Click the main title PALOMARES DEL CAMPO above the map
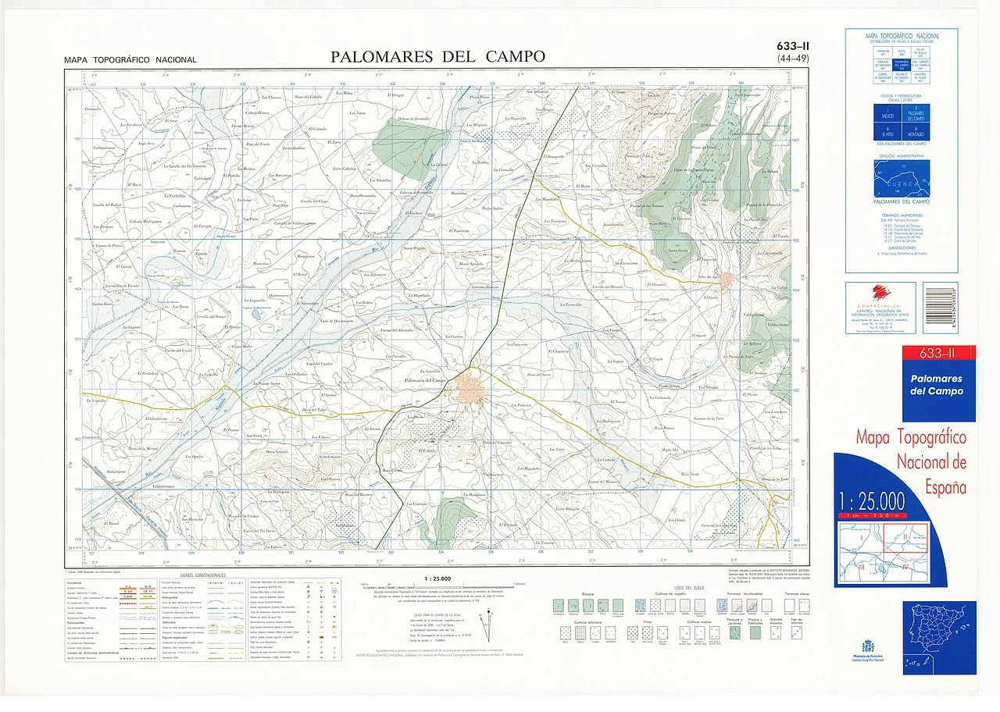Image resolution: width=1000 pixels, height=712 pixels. click(x=437, y=56)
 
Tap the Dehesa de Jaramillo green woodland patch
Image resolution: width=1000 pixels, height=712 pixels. click(x=413, y=141)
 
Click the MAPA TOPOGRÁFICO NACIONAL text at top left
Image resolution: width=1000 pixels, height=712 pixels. click(x=130, y=60)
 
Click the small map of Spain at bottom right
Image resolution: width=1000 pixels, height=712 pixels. click(x=939, y=627)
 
